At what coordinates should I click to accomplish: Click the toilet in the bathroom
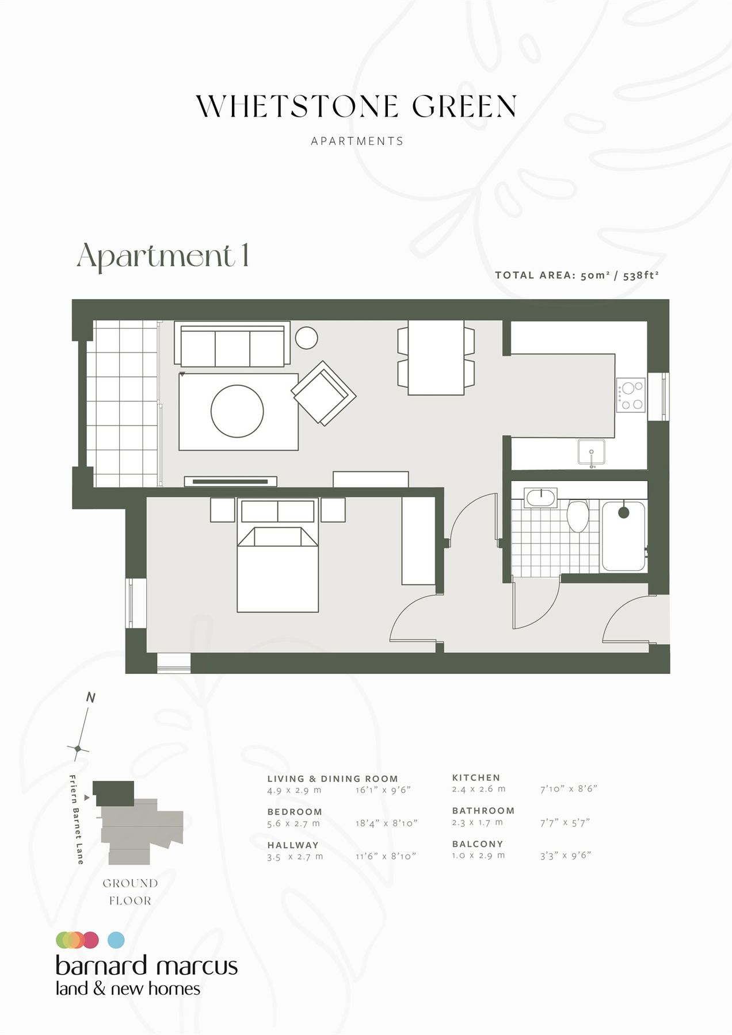coord(577,516)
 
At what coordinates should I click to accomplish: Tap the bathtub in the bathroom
coord(623,536)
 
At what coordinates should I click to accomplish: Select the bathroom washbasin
coord(541,498)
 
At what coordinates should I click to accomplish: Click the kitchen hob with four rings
coord(631,396)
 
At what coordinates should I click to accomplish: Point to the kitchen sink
coord(592,452)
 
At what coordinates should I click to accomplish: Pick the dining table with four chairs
coord(436,358)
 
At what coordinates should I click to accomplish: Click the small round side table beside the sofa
coord(306,338)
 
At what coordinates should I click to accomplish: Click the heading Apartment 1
coord(163,255)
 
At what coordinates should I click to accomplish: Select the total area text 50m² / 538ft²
coord(619,275)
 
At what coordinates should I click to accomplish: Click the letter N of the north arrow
coord(90,698)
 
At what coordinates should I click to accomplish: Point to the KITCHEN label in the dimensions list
coord(476,777)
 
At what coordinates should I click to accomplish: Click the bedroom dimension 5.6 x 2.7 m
coord(293,823)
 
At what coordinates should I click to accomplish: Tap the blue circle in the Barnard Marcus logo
coord(116,940)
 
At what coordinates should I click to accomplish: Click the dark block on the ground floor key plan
coord(114,793)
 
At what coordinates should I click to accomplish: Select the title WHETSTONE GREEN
coord(357,107)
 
